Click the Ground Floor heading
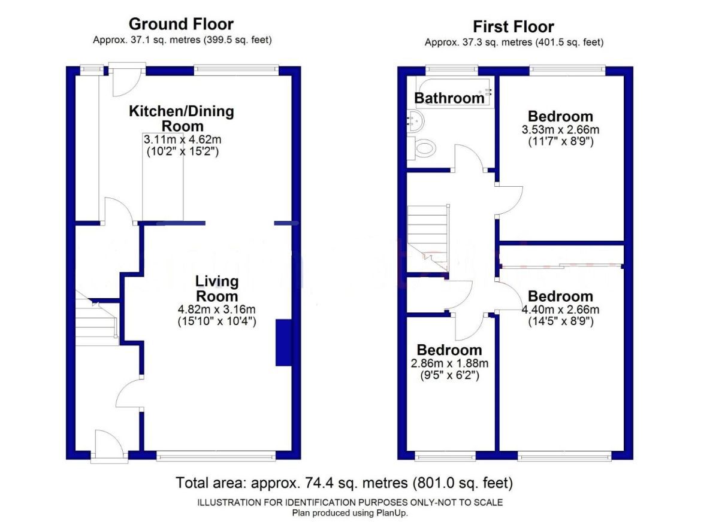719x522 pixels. pyautogui.click(x=181, y=25)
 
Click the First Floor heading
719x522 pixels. pyautogui.click(x=513, y=27)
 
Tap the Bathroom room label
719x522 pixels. pyautogui.click(x=449, y=98)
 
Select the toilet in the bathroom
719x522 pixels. pyautogui.click(x=421, y=148)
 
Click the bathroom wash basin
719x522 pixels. pyautogui.click(x=415, y=121)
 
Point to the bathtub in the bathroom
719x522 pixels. pyautogui.click(x=455, y=92)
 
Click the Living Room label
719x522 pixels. pyautogui.click(x=217, y=289)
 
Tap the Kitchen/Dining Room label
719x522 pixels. pyautogui.click(x=182, y=119)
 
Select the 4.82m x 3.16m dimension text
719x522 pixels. pyautogui.click(x=217, y=309)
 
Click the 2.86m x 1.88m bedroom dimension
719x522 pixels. pyautogui.click(x=449, y=363)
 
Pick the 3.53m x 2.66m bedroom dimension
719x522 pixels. pyautogui.click(x=560, y=129)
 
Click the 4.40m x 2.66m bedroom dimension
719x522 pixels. pyautogui.click(x=560, y=309)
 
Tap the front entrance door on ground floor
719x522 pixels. pyautogui.click(x=109, y=442)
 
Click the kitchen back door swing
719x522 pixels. pyautogui.click(x=127, y=82)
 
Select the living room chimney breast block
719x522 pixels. pyautogui.click(x=283, y=342)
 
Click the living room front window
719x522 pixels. pyautogui.click(x=216, y=456)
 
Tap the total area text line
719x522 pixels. pyautogui.click(x=344, y=483)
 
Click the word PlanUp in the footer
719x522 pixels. pyautogui.click(x=394, y=513)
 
